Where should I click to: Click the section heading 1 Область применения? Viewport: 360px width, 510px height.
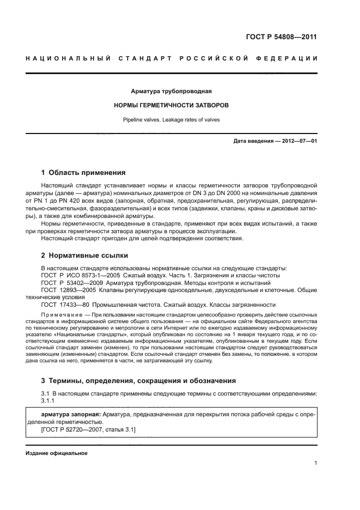(83, 173)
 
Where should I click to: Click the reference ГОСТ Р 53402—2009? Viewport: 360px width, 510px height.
(73, 283)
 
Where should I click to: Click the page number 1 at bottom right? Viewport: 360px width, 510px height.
(315, 463)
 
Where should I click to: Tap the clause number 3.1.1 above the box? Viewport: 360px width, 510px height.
(48, 400)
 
